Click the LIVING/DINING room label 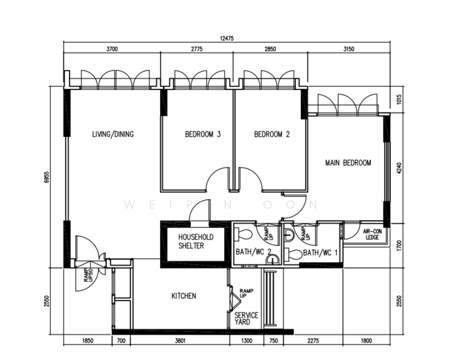113,134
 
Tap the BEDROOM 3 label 203,134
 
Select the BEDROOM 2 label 272,134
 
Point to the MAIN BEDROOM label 348,163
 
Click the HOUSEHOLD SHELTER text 196,241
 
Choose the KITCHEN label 184,296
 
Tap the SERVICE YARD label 246,319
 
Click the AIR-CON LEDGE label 372,234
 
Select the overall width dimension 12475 227,39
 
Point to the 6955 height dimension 47,177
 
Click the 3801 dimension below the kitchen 180,340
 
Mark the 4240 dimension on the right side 399,168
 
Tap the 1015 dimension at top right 399,100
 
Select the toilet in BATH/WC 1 293,255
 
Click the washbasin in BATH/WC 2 273,259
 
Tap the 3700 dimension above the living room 112,49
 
